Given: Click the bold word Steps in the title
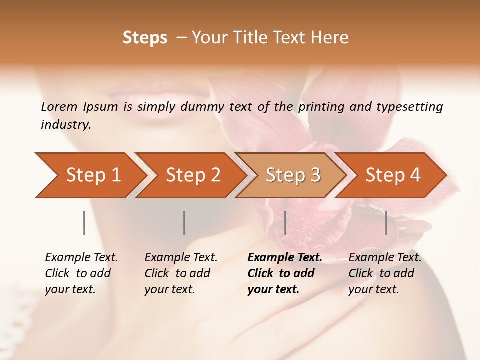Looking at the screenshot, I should pyautogui.click(x=145, y=38).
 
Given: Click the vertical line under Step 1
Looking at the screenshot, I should pyautogui.click(x=84, y=223).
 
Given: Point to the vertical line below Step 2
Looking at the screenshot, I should pyautogui.click(x=184, y=223).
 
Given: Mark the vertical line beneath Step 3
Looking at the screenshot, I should pyautogui.click(x=285, y=223).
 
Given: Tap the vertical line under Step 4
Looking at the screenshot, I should pyautogui.click(x=386, y=223).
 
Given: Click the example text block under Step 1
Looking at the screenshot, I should pyautogui.click(x=81, y=273).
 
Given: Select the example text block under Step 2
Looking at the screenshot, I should pyautogui.click(x=181, y=273).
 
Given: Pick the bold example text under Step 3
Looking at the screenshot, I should pyautogui.click(x=285, y=273).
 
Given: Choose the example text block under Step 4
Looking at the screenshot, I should pyautogui.click(x=385, y=273).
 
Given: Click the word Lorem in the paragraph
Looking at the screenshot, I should pyautogui.click(x=59, y=106).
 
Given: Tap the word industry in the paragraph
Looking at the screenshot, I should pyautogui.click(x=66, y=125).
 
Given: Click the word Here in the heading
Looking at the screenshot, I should pyautogui.click(x=330, y=38).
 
